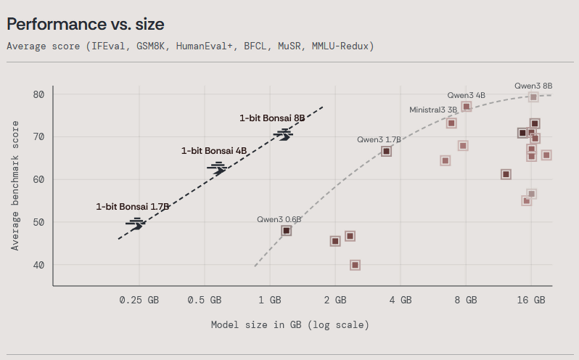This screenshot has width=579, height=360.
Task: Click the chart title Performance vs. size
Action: click(x=86, y=24)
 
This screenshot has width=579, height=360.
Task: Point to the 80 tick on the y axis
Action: click(x=38, y=94)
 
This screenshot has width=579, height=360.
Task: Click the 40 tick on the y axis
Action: click(x=38, y=265)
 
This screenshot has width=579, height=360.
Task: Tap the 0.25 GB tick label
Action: click(x=139, y=300)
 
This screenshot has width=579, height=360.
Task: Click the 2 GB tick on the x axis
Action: click(x=335, y=300)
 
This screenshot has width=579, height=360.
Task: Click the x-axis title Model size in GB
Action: click(x=289, y=324)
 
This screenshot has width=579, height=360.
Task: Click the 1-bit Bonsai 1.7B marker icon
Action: click(x=136, y=224)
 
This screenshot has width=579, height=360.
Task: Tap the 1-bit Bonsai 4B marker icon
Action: click(x=217, y=167)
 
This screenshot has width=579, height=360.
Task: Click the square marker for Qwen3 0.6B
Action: click(x=287, y=231)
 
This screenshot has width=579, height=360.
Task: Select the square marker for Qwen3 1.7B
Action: click(x=386, y=151)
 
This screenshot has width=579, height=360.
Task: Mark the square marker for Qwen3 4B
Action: click(x=467, y=107)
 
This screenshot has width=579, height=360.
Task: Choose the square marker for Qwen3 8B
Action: click(x=533, y=97)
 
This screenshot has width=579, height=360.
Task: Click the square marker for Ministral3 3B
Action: click(x=451, y=123)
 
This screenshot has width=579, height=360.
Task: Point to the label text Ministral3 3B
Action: click(x=433, y=110)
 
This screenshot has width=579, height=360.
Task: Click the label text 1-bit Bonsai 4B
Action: click(x=214, y=150)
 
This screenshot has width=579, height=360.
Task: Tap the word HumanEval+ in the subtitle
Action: click(x=198, y=46)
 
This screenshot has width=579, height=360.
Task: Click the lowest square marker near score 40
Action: click(x=355, y=265)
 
